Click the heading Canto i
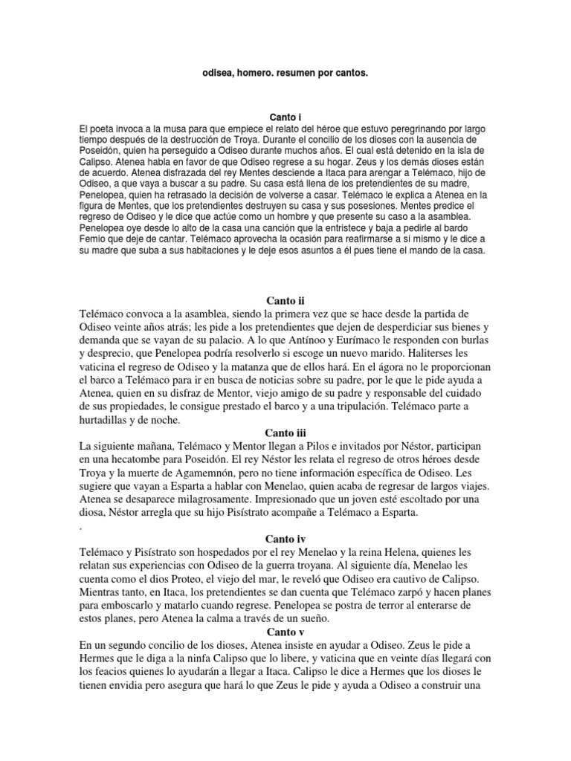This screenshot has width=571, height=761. pos(285,117)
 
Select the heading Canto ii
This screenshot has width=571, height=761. pos(285,301)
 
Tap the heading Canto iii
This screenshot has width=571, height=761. pos(285,433)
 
